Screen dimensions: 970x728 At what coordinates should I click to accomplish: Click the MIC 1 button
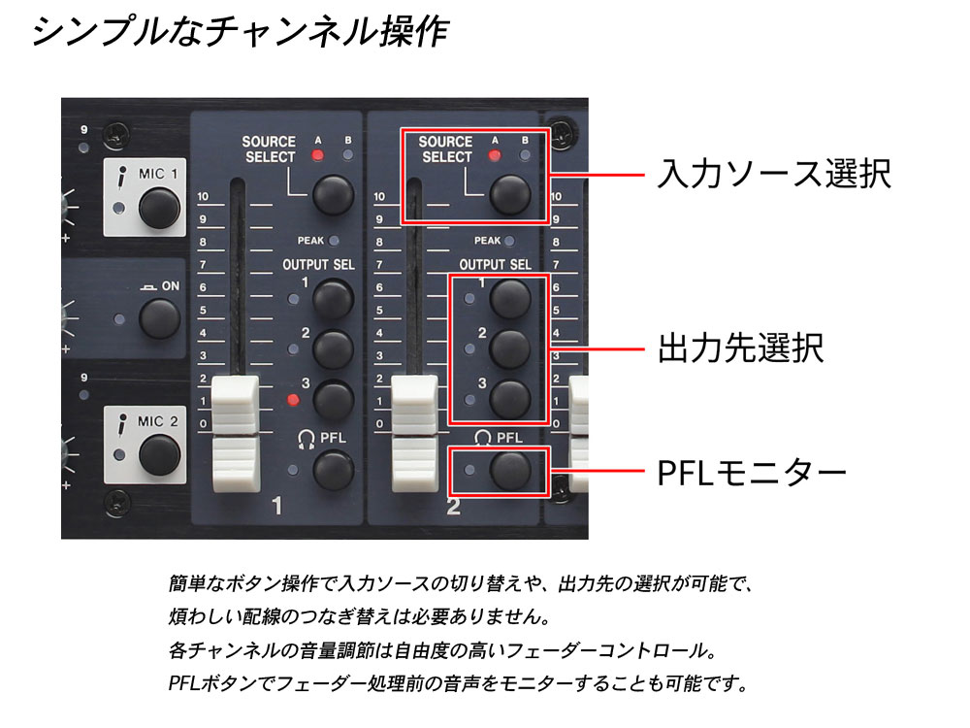[160, 208]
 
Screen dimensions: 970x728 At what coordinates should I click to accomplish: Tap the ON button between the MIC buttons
[160, 318]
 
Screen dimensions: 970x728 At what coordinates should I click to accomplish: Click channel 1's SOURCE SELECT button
[334, 194]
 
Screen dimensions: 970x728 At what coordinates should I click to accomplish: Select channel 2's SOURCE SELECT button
[510, 194]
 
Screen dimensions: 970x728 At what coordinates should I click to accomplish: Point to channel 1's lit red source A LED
[317, 155]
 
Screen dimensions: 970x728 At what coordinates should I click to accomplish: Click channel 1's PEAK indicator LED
[334, 241]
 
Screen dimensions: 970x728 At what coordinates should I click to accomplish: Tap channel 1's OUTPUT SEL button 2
[334, 349]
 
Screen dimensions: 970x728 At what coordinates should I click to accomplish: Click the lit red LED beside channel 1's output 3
[293, 400]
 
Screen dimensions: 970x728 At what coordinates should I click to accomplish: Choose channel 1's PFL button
[334, 470]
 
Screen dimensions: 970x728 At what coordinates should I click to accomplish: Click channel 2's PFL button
[510, 470]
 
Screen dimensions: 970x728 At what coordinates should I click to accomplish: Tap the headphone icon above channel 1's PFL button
[307, 439]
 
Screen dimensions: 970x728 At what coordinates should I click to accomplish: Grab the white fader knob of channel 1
[236, 433]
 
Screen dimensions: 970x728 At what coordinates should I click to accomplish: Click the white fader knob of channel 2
[415, 433]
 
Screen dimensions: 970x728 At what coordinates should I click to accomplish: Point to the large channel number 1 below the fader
[277, 507]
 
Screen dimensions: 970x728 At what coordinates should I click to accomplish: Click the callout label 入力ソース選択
[774, 174]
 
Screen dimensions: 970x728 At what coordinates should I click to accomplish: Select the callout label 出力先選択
[740, 347]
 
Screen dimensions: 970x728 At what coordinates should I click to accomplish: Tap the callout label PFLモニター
[752, 474]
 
